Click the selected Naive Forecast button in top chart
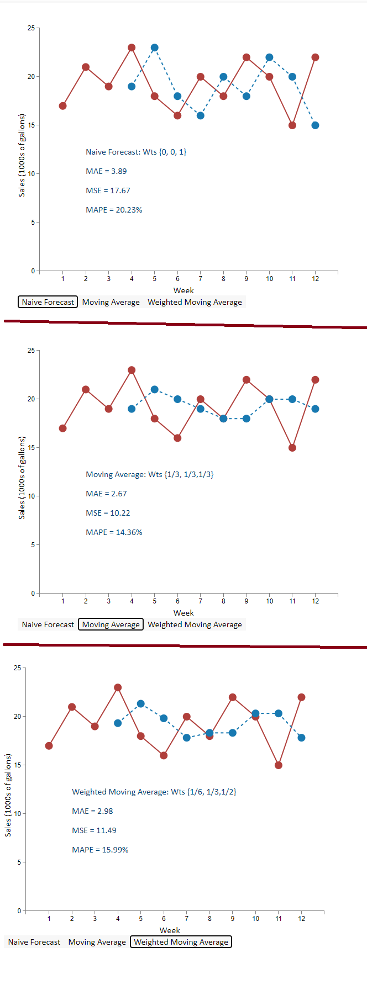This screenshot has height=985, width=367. (x=48, y=302)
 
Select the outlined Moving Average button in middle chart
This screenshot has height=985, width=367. (x=111, y=624)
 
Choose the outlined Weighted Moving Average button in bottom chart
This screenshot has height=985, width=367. (x=181, y=942)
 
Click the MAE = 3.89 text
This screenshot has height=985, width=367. (x=106, y=171)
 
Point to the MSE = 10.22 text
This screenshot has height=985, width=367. (x=108, y=513)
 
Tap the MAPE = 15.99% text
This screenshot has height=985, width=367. (x=100, y=850)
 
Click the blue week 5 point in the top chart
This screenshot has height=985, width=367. (x=155, y=48)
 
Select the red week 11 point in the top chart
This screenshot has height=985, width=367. (x=292, y=125)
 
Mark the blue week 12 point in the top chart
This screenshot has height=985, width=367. (x=315, y=125)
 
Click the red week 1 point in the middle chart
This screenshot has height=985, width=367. (x=63, y=428)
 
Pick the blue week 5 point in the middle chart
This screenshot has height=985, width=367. (x=155, y=390)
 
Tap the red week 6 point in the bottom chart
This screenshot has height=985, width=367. (x=164, y=755)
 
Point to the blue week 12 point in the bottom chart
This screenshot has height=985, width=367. (x=301, y=738)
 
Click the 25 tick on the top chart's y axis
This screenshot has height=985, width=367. (x=31, y=28)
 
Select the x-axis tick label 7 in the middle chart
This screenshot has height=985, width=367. (x=201, y=601)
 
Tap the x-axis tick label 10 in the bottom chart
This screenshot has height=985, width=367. (x=255, y=919)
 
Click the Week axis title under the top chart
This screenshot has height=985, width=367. (x=183, y=290)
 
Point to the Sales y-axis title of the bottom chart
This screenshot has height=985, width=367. (x=8, y=795)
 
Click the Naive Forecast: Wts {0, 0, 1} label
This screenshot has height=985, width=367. (x=136, y=152)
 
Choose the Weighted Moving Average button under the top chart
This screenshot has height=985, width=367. (x=195, y=302)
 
